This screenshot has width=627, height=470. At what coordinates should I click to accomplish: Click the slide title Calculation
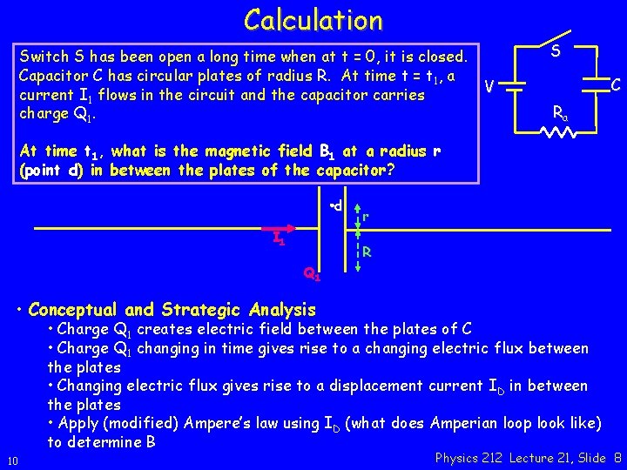click(x=313, y=19)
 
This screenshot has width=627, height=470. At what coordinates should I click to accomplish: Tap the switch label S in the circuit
click(x=556, y=52)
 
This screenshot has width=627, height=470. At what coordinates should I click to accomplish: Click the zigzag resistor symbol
click(x=557, y=132)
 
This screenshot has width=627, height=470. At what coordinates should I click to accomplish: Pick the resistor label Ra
click(x=560, y=112)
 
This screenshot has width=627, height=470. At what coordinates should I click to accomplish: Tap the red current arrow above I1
click(x=276, y=229)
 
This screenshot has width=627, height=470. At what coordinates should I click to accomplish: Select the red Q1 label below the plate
click(x=312, y=275)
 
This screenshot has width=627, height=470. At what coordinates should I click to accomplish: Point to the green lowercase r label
click(x=367, y=215)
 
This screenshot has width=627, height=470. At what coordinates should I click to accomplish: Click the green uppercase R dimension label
click(x=369, y=253)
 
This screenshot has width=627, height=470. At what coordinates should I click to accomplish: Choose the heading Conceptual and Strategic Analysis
click(x=172, y=310)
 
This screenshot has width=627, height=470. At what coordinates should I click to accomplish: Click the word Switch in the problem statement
click(x=44, y=57)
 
